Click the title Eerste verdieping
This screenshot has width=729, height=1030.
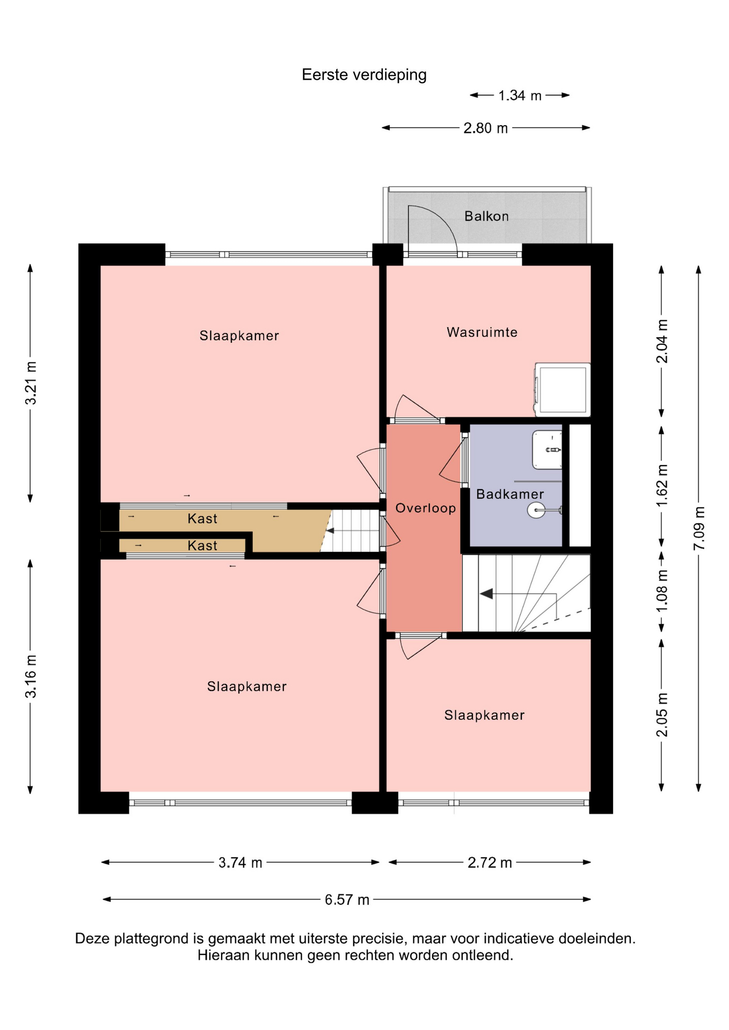pos(364,75)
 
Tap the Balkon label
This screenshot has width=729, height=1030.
pos(486,216)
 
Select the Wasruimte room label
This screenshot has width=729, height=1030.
pos(482,332)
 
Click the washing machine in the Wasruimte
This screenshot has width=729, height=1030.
pos(563,389)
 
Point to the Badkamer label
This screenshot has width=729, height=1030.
pos(510,494)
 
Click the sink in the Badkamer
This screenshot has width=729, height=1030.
pos(547,450)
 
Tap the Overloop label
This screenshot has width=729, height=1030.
pos(426,508)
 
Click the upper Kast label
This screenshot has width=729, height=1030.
pos(202,519)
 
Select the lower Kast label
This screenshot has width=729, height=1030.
pos(202,546)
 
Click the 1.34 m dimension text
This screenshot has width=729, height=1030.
pos(520,95)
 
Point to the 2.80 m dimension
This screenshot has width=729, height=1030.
pos(485,128)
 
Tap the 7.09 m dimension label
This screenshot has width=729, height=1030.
pos(699,528)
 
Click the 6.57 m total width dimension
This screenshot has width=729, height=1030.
pos(347,900)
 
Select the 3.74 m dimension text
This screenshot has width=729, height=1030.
pos(240,863)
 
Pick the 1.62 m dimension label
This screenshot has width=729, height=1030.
pos(662,485)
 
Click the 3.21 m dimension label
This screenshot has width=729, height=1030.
pos(31,383)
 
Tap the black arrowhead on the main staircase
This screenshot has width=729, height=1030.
pos(486,594)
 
